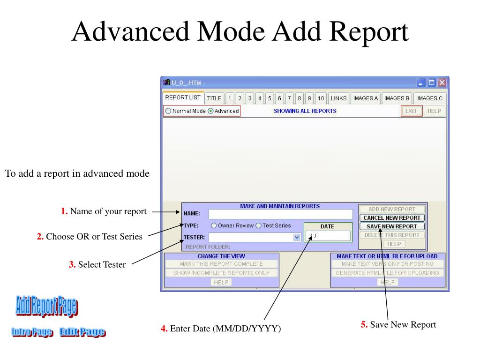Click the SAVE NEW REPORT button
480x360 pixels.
[x=392, y=226]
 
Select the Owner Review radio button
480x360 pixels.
[x=214, y=225]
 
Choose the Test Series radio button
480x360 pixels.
[x=258, y=225]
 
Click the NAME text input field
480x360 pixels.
[x=280, y=214]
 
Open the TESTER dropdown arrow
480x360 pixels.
[x=296, y=237]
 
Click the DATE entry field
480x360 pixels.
[x=328, y=236]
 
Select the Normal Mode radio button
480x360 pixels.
[x=168, y=111]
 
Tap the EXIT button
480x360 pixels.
[x=411, y=111]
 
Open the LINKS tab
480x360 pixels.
[x=338, y=98]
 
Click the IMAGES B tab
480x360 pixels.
[x=397, y=98]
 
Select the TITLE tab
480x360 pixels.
[x=214, y=98]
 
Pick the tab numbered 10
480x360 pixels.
[x=321, y=98]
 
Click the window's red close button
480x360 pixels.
[x=442, y=83]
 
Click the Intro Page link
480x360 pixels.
[x=32, y=333]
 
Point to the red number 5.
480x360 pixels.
[x=364, y=324]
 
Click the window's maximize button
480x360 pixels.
[x=432, y=83]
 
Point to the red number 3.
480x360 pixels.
[x=72, y=264]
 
